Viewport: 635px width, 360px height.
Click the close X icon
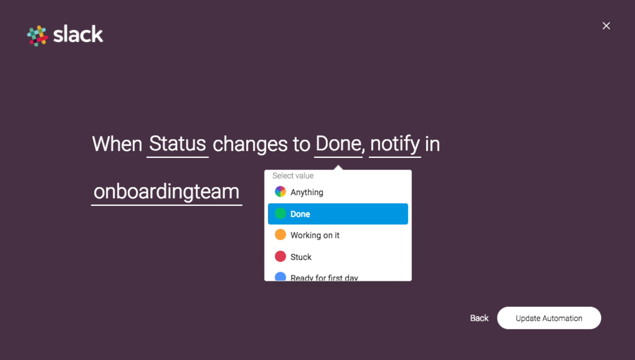pos(606,26)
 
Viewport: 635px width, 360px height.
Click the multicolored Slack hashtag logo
pos(37,36)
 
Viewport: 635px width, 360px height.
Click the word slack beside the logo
pos(78,34)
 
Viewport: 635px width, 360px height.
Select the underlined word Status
pos(177,144)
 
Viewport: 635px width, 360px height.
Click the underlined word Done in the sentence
pos(338,144)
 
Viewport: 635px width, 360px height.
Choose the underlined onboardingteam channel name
pos(167,192)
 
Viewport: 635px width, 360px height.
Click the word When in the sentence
pos(117,144)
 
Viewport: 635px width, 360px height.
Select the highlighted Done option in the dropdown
pos(338,214)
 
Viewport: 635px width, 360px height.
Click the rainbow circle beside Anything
pos(280,191)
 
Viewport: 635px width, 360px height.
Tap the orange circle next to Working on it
pos(280,235)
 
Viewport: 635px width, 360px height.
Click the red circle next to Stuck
pos(280,256)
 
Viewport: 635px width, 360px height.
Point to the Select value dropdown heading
pos(293,176)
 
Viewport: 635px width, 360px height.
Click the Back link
pos(479,318)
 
